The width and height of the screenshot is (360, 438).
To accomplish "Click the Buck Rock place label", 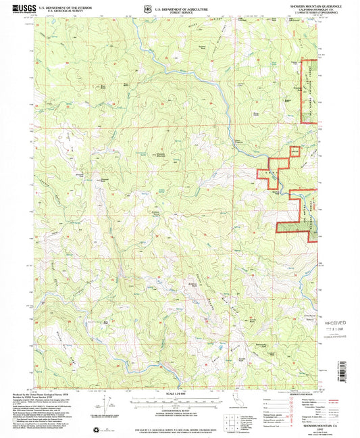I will point(103,86).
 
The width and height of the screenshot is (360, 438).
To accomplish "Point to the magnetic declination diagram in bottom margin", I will point(101,412).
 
